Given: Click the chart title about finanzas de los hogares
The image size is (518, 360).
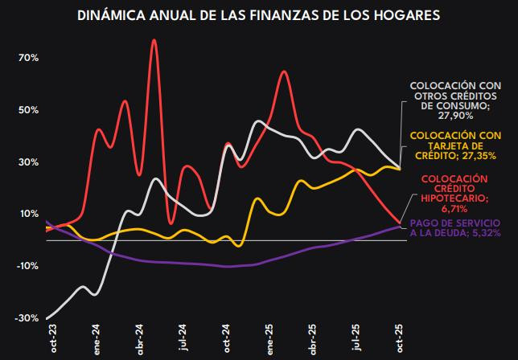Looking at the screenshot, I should pos(259,15).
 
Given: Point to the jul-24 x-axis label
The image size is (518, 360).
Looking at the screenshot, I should pos(184,341).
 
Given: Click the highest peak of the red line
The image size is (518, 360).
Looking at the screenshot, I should pos(154,39).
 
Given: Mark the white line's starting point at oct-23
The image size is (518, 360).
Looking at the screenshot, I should pos(47,318).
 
